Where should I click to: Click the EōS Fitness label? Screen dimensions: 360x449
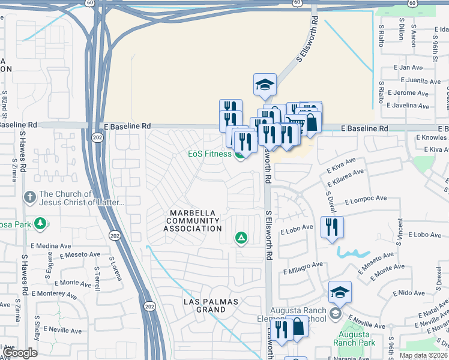click(209, 154)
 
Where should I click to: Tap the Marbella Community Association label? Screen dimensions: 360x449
click(194, 221)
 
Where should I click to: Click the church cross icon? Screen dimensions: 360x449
click(29, 197)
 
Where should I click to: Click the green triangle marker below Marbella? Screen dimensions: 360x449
click(241, 239)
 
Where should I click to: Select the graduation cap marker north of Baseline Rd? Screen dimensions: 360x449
click(264, 85)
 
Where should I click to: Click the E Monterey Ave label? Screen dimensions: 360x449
click(57, 295)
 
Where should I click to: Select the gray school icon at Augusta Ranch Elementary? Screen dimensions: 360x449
click(335, 313)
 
